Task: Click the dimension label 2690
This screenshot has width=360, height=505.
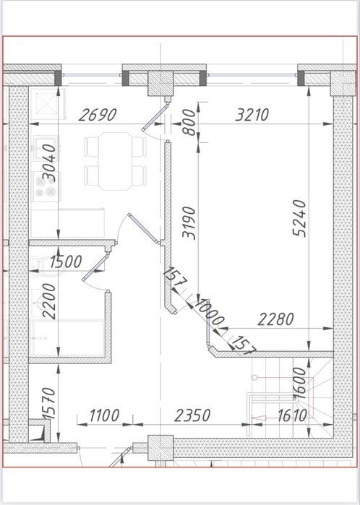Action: point(98,115)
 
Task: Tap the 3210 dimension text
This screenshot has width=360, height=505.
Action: point(252,115)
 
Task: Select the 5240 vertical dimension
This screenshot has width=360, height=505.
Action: point(299,218)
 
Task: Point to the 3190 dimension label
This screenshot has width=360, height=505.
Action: point(189,223)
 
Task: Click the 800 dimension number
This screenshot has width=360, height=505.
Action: point(189,122)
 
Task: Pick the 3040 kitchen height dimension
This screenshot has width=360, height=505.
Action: point(49,163)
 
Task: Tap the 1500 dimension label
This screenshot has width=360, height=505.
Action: point(66,262)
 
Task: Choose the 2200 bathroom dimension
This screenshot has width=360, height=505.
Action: point(49,301)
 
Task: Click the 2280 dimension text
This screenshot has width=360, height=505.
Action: point(276,319)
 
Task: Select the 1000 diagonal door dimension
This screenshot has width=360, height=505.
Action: point(209,312)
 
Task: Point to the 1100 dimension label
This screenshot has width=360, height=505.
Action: point(104,415)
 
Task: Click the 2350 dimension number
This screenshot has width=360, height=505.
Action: point(192,415)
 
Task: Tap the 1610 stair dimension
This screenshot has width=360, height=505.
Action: point(292,416)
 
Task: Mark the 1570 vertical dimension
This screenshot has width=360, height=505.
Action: point(49,403)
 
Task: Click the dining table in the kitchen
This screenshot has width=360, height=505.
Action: point(116,161)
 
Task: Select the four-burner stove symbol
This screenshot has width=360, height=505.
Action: point(46,186)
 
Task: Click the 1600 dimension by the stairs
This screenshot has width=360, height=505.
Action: point(299,383)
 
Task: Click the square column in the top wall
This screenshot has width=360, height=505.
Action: point(160,83)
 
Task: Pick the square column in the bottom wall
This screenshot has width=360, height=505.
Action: point(160,448)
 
